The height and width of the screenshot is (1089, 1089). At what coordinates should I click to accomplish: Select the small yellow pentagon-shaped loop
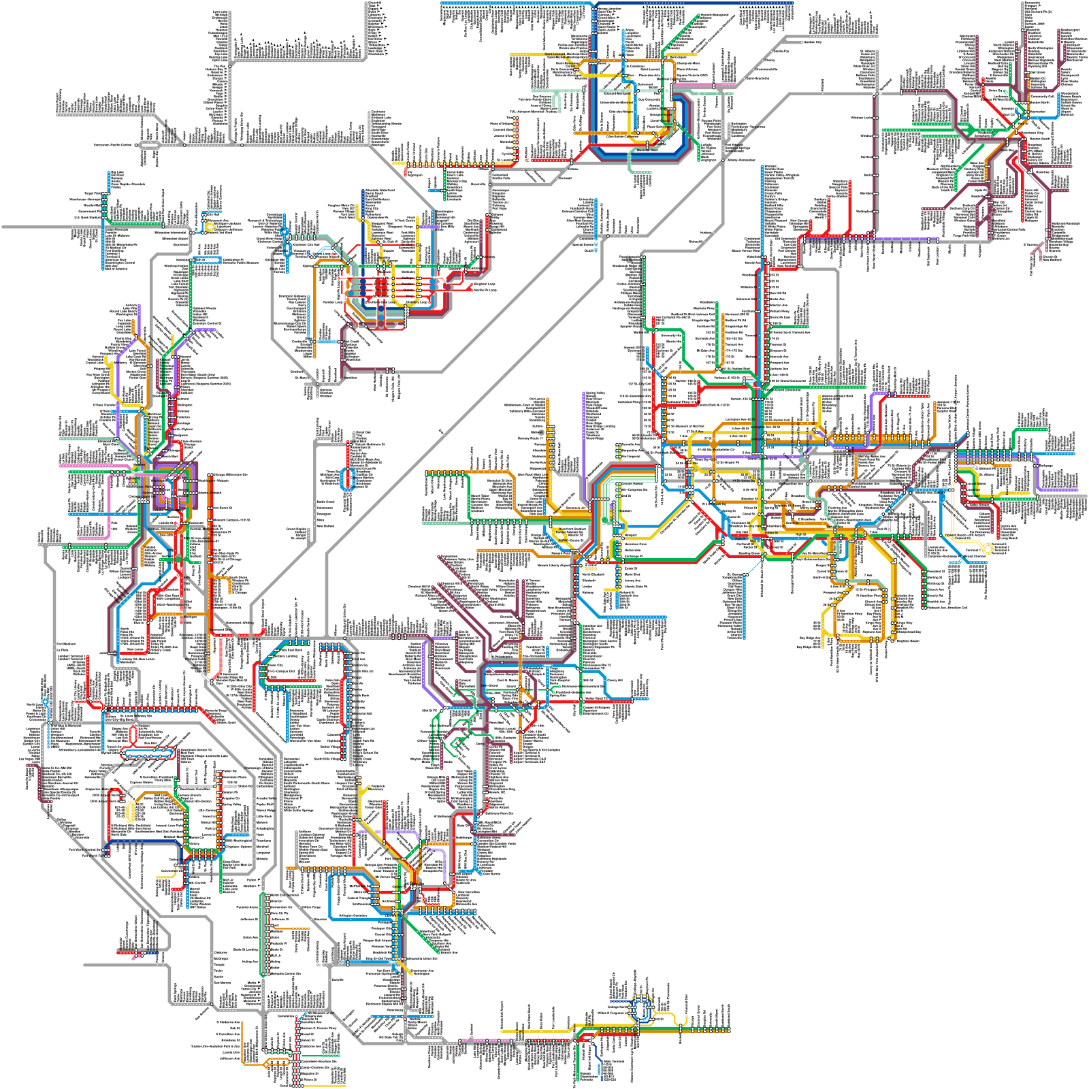pyautogui.click(x=210, y=225)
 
